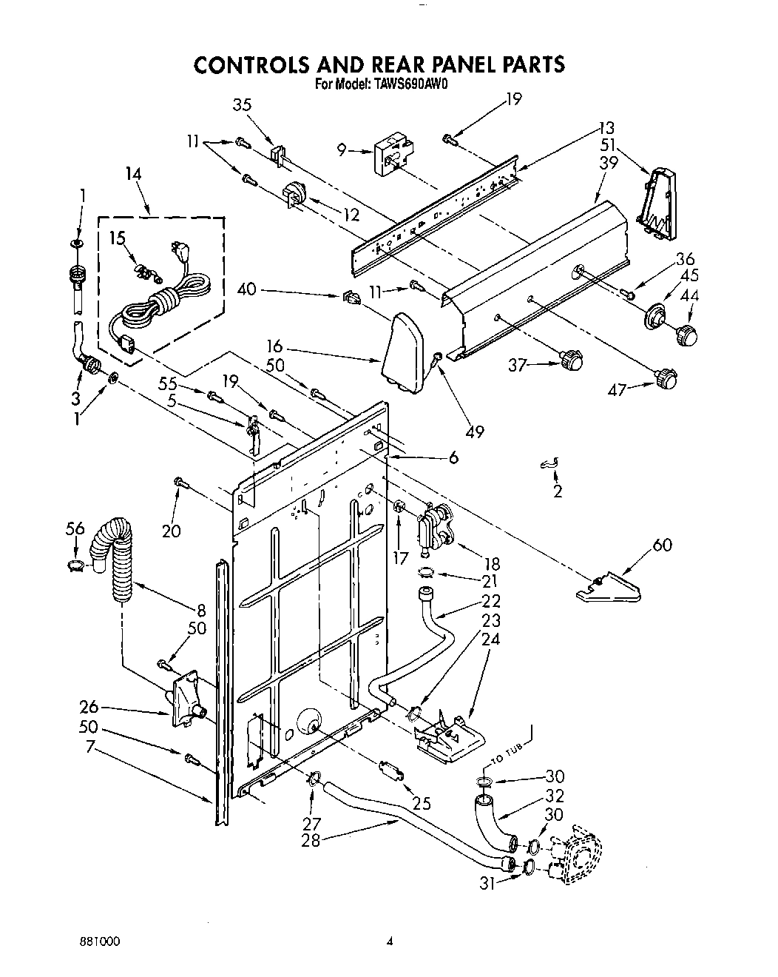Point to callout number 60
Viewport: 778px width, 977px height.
click(663, 545)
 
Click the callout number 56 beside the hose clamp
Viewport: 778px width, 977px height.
click(75, 528)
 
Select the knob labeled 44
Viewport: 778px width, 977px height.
click(688, 333)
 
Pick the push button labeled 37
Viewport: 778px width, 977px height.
click(571, 361)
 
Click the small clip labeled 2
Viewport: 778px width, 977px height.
click(549, 463)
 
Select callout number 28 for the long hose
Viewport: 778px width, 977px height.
click(311, 840)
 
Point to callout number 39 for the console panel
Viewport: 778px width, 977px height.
click(609, 164)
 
